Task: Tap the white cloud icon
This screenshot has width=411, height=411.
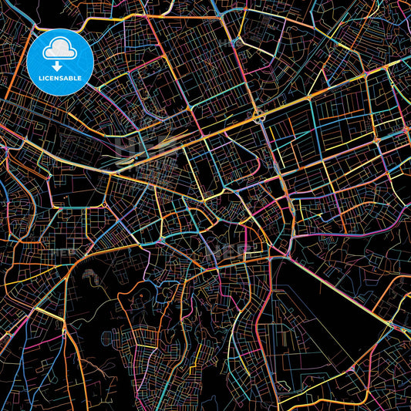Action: (x=60, y=50)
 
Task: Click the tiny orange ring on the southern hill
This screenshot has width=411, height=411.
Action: (x=141, y=294)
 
